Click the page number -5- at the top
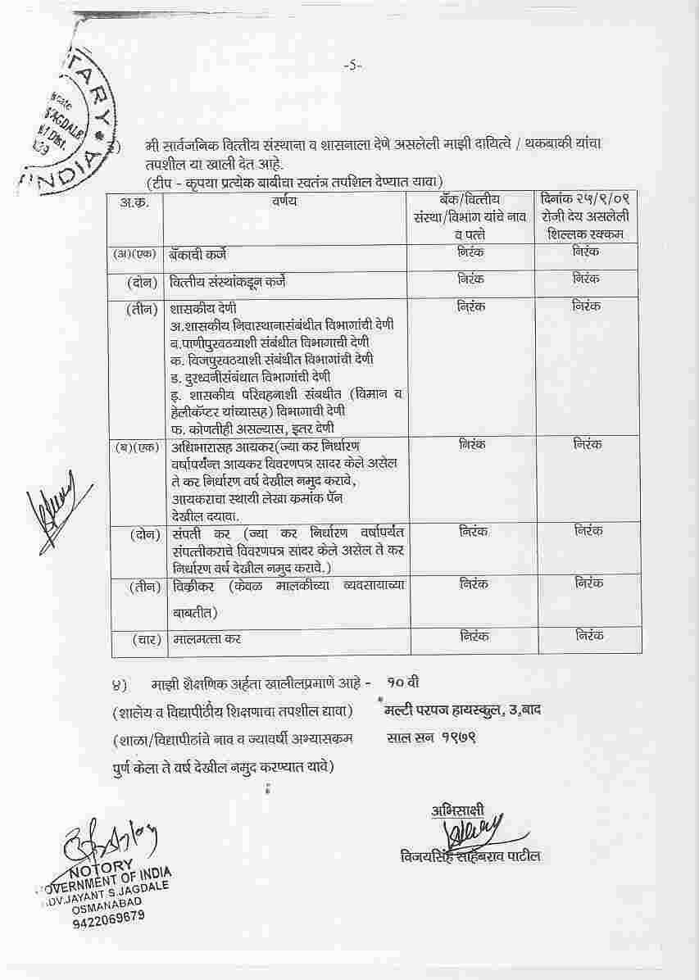[352, 65]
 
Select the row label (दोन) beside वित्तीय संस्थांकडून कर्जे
[143, 282]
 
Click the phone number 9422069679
[107, 917]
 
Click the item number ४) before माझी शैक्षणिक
[119, 683]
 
